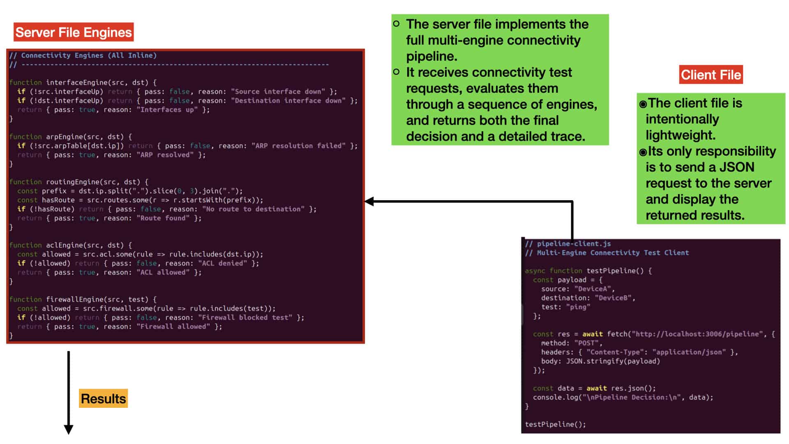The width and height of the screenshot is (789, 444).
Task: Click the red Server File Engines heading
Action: coord(74,32)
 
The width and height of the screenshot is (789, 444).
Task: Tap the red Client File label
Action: coord(711,75)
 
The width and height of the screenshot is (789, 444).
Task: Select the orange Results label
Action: coord(103,398)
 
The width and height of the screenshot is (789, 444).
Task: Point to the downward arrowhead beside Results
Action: coord(69,429)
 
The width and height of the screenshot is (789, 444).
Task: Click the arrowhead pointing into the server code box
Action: coord(369,201)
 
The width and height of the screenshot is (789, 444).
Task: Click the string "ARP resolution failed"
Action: coord(299,146)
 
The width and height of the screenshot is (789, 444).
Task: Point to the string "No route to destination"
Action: coord(254,209)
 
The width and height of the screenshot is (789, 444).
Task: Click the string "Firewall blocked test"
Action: coord(245,317)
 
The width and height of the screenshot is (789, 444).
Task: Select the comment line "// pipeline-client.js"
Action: coord(568,243)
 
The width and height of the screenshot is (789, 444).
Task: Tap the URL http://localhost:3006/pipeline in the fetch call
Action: coord(697,334)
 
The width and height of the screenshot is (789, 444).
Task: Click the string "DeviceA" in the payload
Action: coord(593,289)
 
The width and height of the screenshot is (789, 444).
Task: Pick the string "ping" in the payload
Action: coord(578,307)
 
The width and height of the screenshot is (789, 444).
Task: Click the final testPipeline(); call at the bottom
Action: coord(556,424)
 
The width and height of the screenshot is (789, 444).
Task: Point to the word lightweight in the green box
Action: coord(680,135)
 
